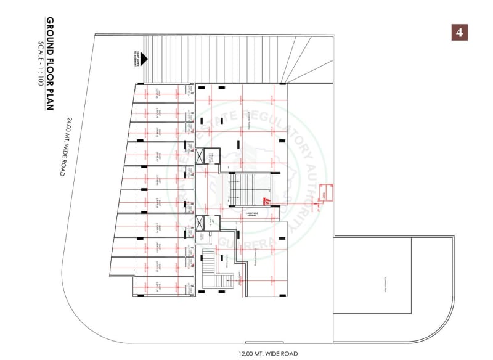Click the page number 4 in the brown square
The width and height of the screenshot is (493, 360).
pyautogui.click(x=459, y=32)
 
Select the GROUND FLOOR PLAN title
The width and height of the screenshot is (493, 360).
pyautogui.click(x=50, y=65)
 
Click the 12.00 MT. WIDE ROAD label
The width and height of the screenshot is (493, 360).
pyautogui.click(x=269, y=353)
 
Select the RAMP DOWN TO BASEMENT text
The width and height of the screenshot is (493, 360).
pyautogui.click(x=134, y=59)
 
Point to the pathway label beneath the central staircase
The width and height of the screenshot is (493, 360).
pyautogui.click(x=251, y=214)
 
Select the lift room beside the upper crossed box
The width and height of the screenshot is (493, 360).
pyautogui.click(x=211, y=157)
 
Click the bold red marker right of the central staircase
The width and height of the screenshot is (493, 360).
pyautogui.click(x=265, y=200)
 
